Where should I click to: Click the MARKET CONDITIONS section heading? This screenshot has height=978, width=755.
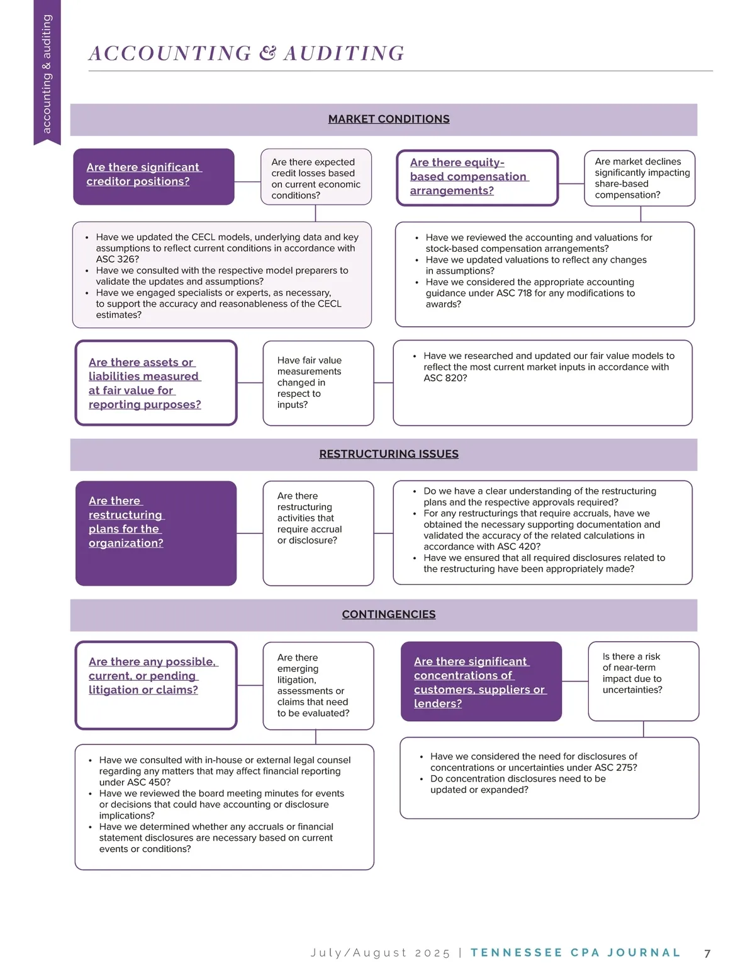pos(388,119)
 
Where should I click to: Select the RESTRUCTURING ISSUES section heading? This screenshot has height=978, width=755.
pos(388,454)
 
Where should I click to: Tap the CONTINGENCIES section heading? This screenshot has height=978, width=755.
pos(388,615)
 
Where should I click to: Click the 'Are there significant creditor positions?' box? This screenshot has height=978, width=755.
pos(154,176)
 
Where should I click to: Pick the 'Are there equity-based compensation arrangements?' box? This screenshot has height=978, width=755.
pos(477,178)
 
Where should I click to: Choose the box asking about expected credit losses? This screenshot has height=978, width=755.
pos(316,178)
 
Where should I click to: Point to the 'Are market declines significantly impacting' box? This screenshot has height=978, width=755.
pos(639,178)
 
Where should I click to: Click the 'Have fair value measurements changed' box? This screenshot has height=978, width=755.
pos(318,382)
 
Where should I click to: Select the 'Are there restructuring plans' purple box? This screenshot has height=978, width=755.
pos(155,533)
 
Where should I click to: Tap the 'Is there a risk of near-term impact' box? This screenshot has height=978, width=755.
pos(643,680)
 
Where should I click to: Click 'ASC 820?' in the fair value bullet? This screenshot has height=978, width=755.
pos(445,378)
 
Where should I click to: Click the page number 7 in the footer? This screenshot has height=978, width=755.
pos(707,953)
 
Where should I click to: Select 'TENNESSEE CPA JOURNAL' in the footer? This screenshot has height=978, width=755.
pos(575,953)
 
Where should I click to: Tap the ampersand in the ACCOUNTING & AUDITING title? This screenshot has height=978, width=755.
pos(267,54)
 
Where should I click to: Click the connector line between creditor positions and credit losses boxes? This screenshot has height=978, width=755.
pos(247,182)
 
